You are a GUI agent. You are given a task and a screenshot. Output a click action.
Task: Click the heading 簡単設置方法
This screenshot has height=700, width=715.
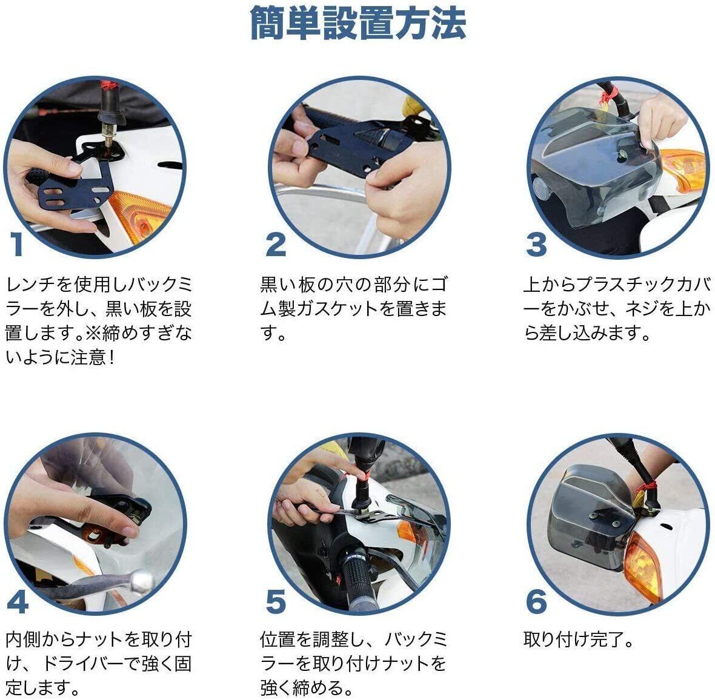tap(358, 23)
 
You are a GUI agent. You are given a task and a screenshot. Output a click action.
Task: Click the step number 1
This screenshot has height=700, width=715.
tap(17, 244)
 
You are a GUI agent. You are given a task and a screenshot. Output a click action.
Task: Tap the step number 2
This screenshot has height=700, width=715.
tap(276, 244)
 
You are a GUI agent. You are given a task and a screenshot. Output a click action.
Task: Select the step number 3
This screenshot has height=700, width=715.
tap(536, 244)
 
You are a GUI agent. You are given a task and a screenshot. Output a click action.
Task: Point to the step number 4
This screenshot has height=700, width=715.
tap(18, 601)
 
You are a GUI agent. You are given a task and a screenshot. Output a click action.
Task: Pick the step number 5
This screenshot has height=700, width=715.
tap(276, 601)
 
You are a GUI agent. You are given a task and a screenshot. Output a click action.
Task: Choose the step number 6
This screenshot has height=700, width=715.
tap(536, 601)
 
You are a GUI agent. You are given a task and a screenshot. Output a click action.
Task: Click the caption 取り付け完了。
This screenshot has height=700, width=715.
tap(579, 639)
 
